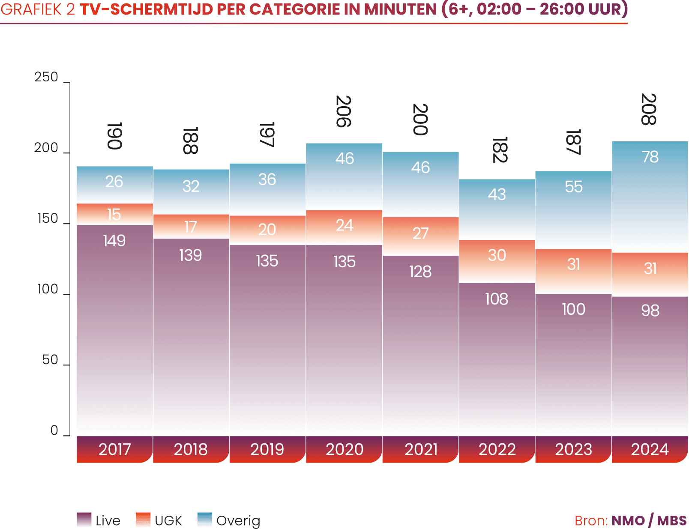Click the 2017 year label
114,449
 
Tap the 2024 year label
650,449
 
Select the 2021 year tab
421,449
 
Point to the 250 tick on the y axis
46,77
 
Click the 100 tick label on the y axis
47,290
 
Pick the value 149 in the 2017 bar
114,241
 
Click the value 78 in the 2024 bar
650,157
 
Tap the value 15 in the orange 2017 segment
114,214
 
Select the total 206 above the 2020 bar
344,111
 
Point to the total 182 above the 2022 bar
500,150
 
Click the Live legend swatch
84,520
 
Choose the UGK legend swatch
143,520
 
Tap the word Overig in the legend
238,521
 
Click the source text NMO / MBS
649,521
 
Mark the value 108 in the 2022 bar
497,299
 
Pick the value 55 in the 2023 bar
574,187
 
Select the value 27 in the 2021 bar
420,233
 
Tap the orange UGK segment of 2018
191,226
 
